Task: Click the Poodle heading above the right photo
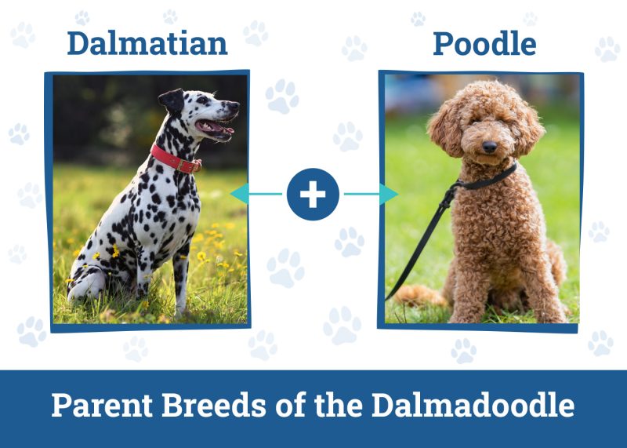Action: pyautogui.click(x=484, y=44)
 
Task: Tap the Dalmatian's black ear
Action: pyautogui.click(x=172, y=101)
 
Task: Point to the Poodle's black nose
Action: pyautogui.click(x=489, y=146)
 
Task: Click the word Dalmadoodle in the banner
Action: pyautogui.click(x=473, y=406)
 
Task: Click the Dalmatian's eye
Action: pyautogui.click(x=201, y=100)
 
